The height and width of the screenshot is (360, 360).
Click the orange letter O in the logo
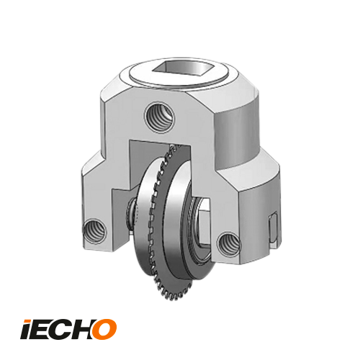pyautogui.click(x=102, y=328)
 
